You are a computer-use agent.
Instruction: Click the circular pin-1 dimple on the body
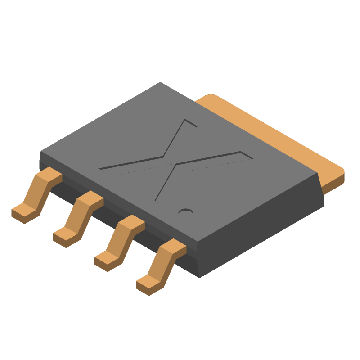pyautogui.click(x=186, y=212)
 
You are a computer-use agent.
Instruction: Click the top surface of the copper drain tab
pyautogui.click(x=270, y=135)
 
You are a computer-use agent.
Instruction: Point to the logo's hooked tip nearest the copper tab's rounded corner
pyautogui.click(x=192, y=123)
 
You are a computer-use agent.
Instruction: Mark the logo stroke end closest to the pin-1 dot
pyautogui.click(x=156, y=200)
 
